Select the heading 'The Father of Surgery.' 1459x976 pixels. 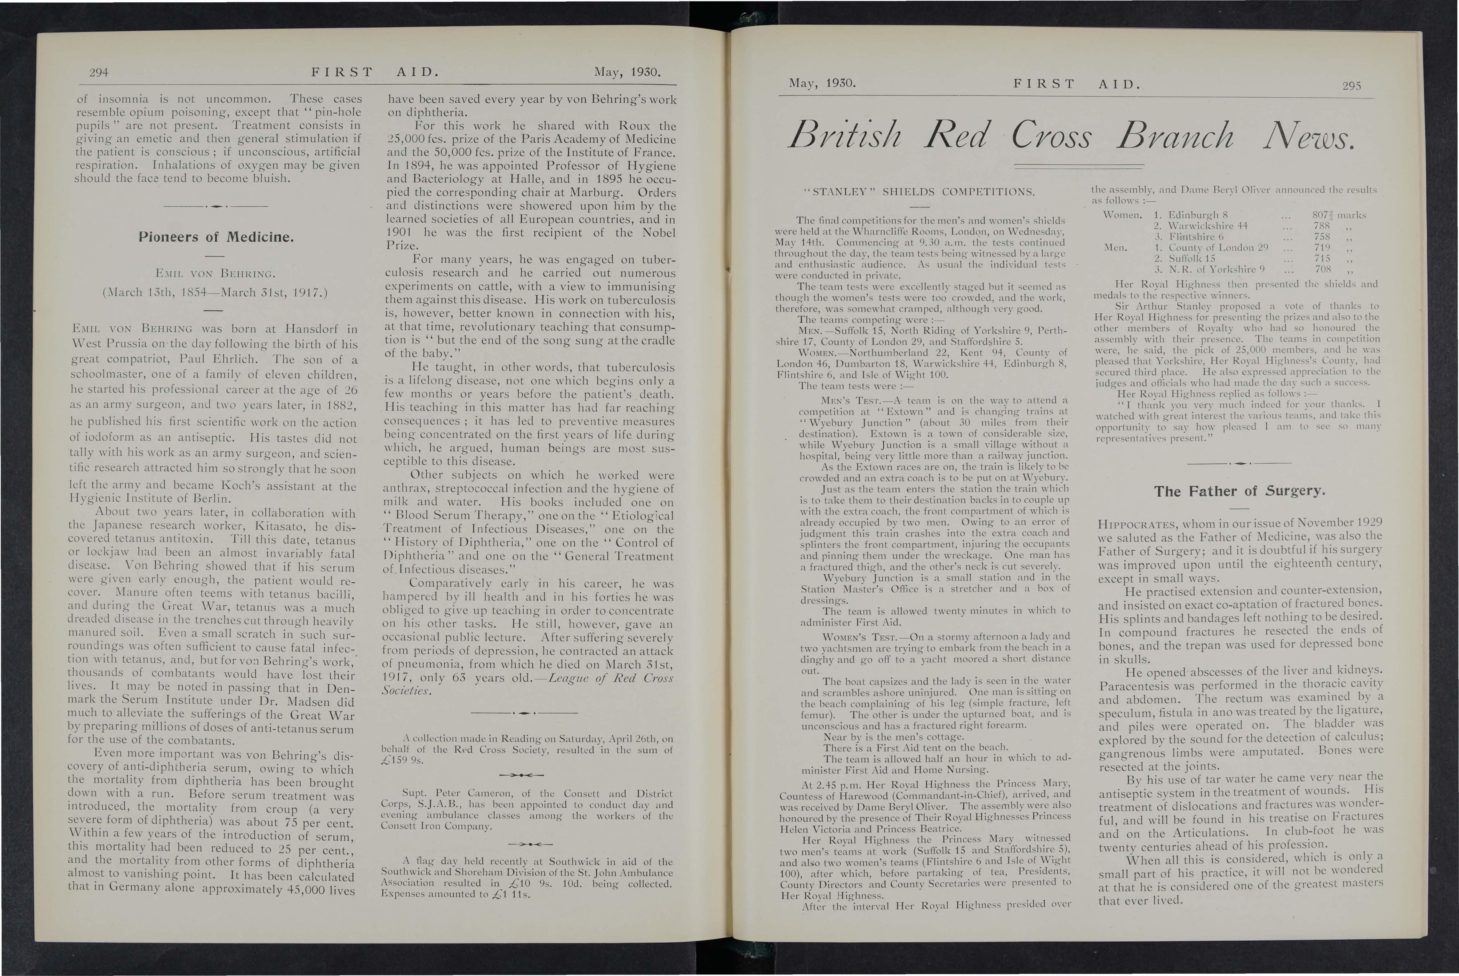(1238, 491)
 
